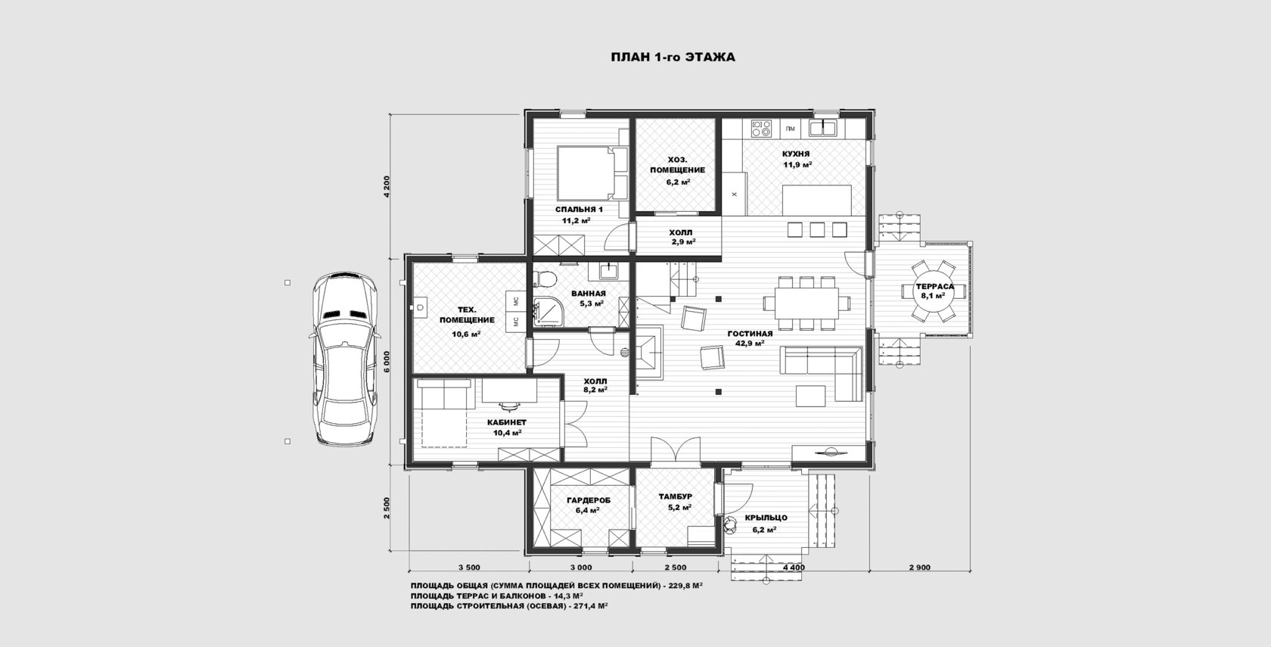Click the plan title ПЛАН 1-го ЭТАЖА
[673, 58]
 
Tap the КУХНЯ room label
[796, 154]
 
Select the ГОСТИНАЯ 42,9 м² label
[750, 338]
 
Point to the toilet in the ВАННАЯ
[546, 278]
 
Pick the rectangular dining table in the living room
[806, 303]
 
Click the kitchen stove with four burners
[761, 129]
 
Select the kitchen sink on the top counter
[823, 129]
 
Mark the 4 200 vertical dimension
[387, 186]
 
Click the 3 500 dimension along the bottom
[469, 568]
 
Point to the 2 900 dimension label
[919, 568]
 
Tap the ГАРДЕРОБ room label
[589, 501]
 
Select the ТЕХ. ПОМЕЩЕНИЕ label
[466, 315]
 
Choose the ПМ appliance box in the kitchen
[791, 129]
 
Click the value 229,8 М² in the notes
[685, 585]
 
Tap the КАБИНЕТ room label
[507, 422]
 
